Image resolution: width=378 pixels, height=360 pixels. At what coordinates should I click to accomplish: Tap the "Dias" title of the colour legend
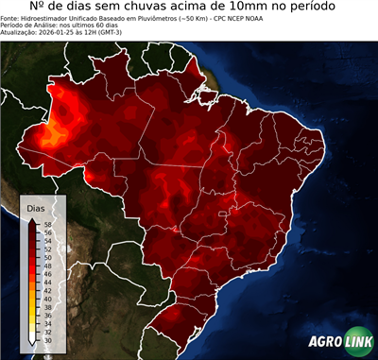click(x=35, y=207)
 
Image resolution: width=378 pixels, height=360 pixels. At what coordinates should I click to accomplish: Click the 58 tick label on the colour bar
click(x=49, y=224)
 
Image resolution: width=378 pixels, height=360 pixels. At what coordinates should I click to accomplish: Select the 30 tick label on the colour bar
click(x=49, y=334)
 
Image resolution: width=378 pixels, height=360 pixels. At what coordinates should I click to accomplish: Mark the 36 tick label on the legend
click(x=49, y=310)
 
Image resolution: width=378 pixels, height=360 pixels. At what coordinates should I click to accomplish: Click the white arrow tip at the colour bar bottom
click(x=33, y=339)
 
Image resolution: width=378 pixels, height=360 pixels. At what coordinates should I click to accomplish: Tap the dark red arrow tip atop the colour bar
click(x=33, y=219)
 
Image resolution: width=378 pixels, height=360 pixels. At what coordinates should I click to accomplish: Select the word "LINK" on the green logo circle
click(x=359, y=342)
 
